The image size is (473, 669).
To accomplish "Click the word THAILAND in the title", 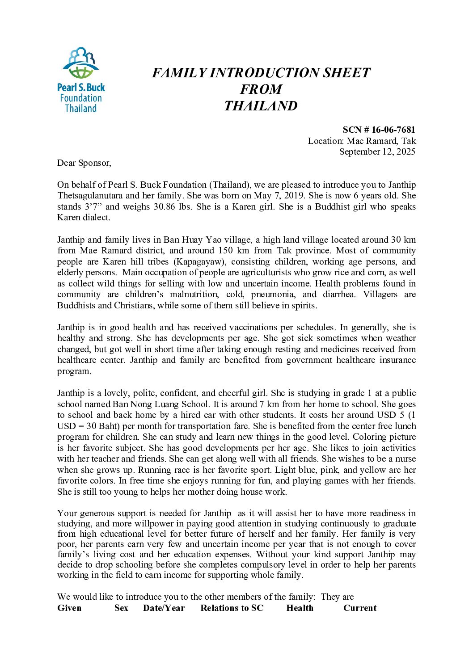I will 261,106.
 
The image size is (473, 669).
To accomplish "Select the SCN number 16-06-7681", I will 393,130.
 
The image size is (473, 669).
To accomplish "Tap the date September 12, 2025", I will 377,151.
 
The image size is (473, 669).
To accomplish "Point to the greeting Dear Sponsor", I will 84,163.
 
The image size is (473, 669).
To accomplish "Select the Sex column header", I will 121,608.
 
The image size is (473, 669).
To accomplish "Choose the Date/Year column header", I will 164,608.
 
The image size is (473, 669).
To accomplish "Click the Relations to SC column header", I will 232,608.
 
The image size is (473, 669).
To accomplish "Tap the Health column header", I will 300,608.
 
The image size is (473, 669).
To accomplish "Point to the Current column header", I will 360,608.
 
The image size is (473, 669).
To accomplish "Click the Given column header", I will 69,608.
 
